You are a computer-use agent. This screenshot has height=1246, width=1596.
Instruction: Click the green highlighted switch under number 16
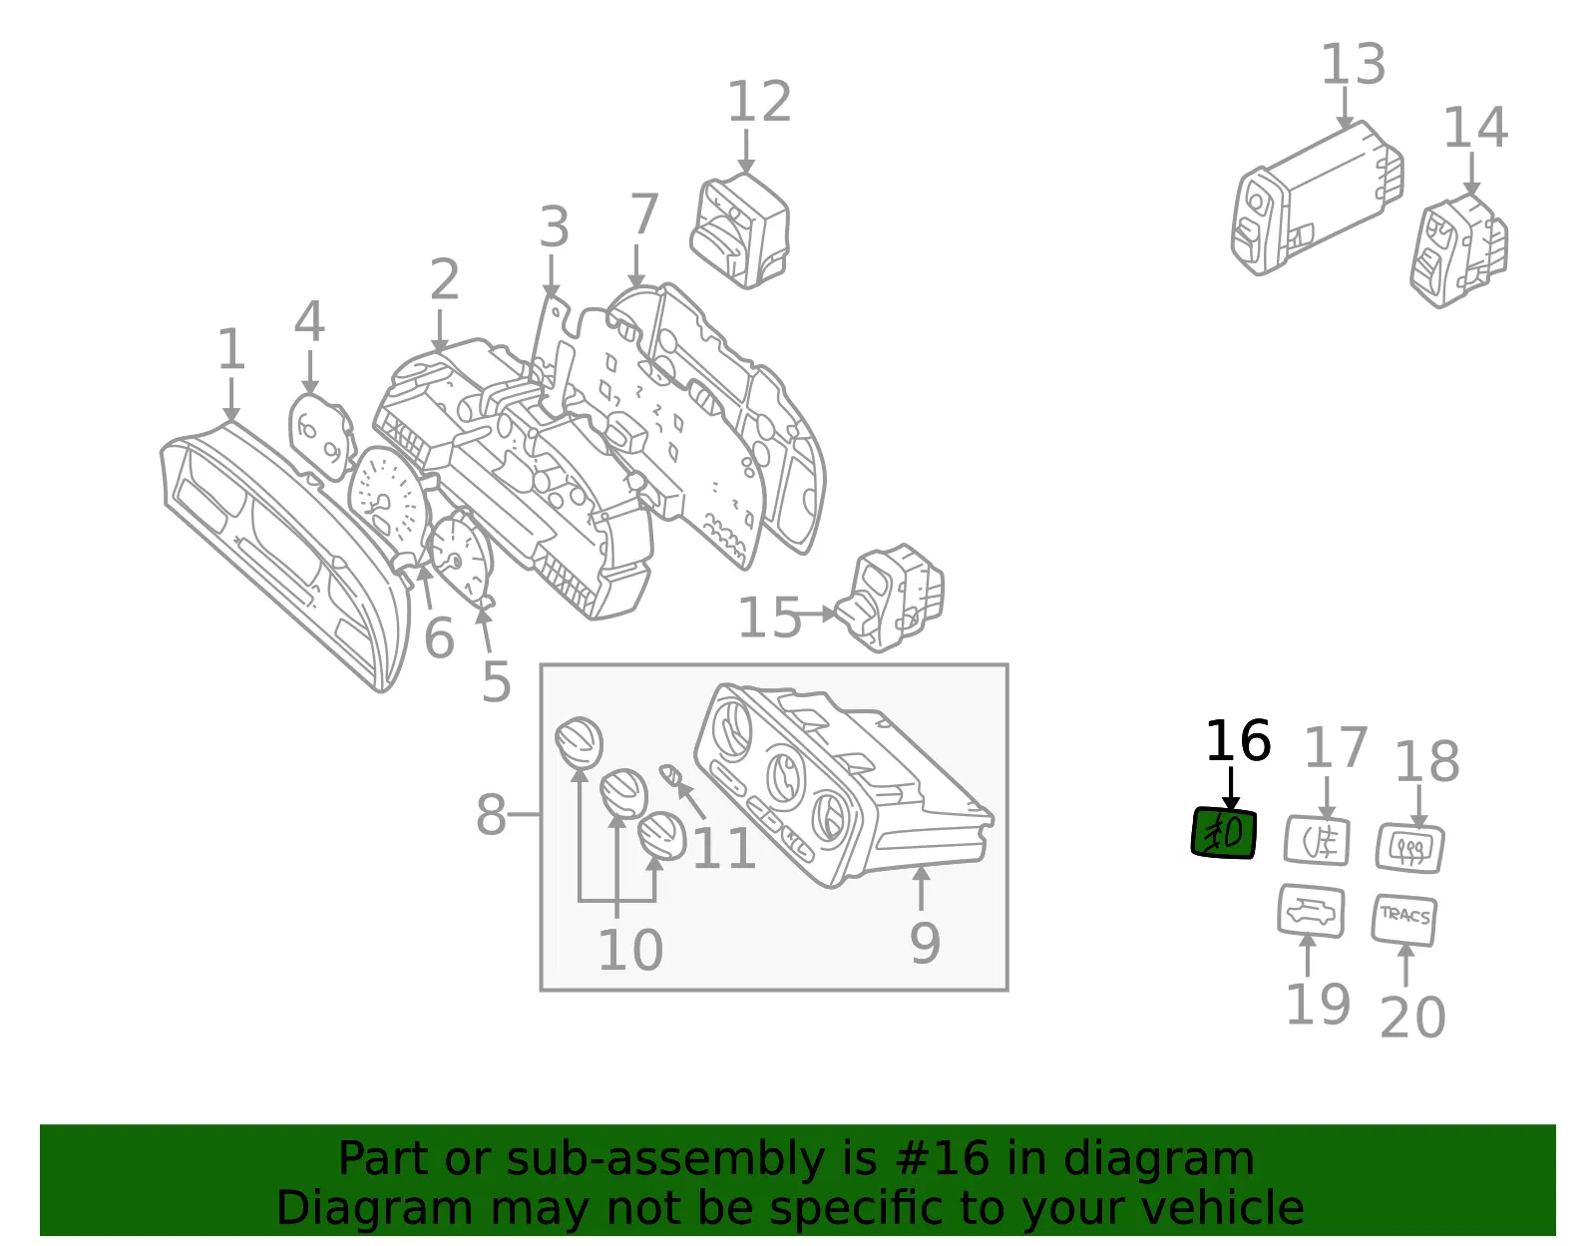pyautogui.click(x=1224, y=833)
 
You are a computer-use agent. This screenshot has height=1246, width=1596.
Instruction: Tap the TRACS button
pyautogui.click(x=1404, y=920)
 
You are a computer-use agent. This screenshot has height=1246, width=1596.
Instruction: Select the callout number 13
pyautogui.click(x=1353, y=64)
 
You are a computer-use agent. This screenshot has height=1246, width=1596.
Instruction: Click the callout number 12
pyautogui.click(x=759, y=102)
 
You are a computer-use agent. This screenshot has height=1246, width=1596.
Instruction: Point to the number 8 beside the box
pyautogui.click(x=492, y=814)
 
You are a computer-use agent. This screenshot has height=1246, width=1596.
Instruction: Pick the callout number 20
pyautogui.click(x=1412, y=1018)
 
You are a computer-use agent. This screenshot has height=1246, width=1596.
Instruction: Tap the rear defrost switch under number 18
pyautogui.click(x=1410, y=848)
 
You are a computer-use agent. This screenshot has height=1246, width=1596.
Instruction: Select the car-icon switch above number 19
pyautogui.click(x=1311, y=911)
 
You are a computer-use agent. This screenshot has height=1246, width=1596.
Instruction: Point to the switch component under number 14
pyautogui.click(x=1458, y=250)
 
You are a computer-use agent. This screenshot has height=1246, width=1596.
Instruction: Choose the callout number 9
pyautogui.click(x=925, y=943)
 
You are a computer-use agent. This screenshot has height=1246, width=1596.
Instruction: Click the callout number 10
pyautogui.click(x=630, y=950)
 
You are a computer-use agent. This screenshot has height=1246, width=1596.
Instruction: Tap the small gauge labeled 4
pyautogui.click(x=321, y=437)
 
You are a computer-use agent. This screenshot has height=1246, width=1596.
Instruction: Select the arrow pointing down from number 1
pyautogui.click(x=231, y=399)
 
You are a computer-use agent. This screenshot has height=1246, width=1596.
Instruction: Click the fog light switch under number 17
pyautogui.click(x=1317, y=840)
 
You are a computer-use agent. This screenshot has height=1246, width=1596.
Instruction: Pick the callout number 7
pyautogui.click(x=644, y=213)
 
